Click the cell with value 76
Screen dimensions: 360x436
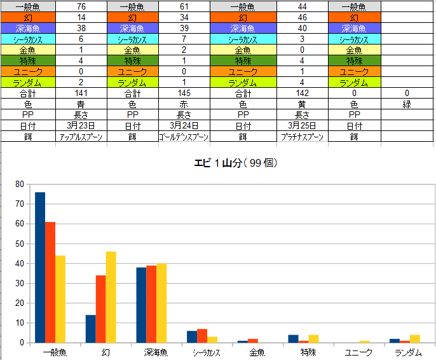click(81, 6)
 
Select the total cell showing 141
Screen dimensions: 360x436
click(81, 93)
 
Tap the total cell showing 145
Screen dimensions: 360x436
click(184, 93)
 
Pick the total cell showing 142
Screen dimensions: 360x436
click(303, 93)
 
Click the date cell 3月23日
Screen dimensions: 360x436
click(81, 125)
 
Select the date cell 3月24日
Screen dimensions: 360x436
click(184, 125)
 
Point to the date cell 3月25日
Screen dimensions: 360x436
click(303, 125)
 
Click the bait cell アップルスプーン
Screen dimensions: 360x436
click(81, 136)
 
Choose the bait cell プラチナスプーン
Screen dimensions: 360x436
click(303, 136)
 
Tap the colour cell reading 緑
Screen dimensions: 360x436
click(406, 104)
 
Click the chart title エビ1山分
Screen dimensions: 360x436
click(236, 163)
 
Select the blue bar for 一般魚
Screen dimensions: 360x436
click(40, 267)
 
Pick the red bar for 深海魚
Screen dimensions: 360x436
click(151, 304)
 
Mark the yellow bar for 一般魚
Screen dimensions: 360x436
click(60, 299)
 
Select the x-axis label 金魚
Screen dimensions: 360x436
click(257, 352)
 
